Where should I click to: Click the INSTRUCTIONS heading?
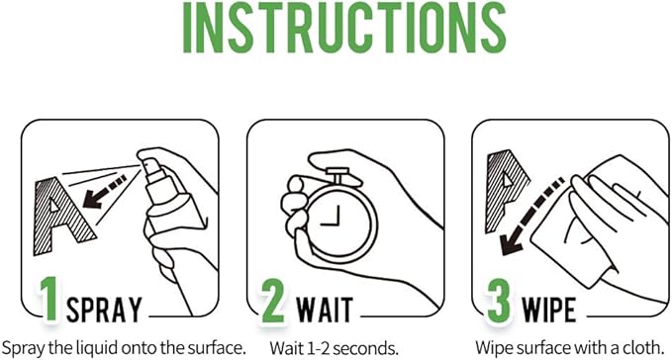[x=344, y=27]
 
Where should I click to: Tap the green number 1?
[x=49, y=299]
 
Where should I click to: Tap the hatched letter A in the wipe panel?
[x=507, y=191]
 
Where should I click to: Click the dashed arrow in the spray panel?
[x=105, y=191]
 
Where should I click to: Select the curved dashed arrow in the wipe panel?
[x=531, y=214]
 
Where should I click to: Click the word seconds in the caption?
[x=365, y=348]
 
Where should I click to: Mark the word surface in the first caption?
[x=215, y=348]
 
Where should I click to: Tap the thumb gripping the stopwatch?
[x=296, y=186]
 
